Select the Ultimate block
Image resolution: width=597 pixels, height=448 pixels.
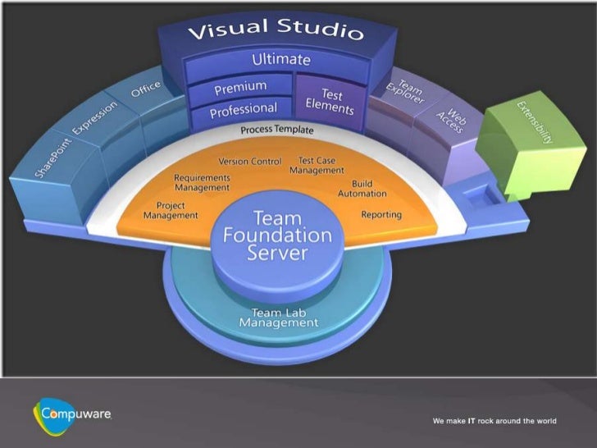280,60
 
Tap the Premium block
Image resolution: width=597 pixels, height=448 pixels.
240,87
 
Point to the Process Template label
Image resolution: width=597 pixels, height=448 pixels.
276,130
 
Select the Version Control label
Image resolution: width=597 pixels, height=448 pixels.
249,162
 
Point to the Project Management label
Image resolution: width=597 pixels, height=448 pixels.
171,210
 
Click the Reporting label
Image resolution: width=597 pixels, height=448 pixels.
381,215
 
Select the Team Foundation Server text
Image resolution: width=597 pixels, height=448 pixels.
277,235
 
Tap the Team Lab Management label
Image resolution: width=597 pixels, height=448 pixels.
278,318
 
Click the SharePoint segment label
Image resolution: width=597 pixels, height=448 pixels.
53,157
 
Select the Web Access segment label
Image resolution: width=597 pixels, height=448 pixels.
450,123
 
